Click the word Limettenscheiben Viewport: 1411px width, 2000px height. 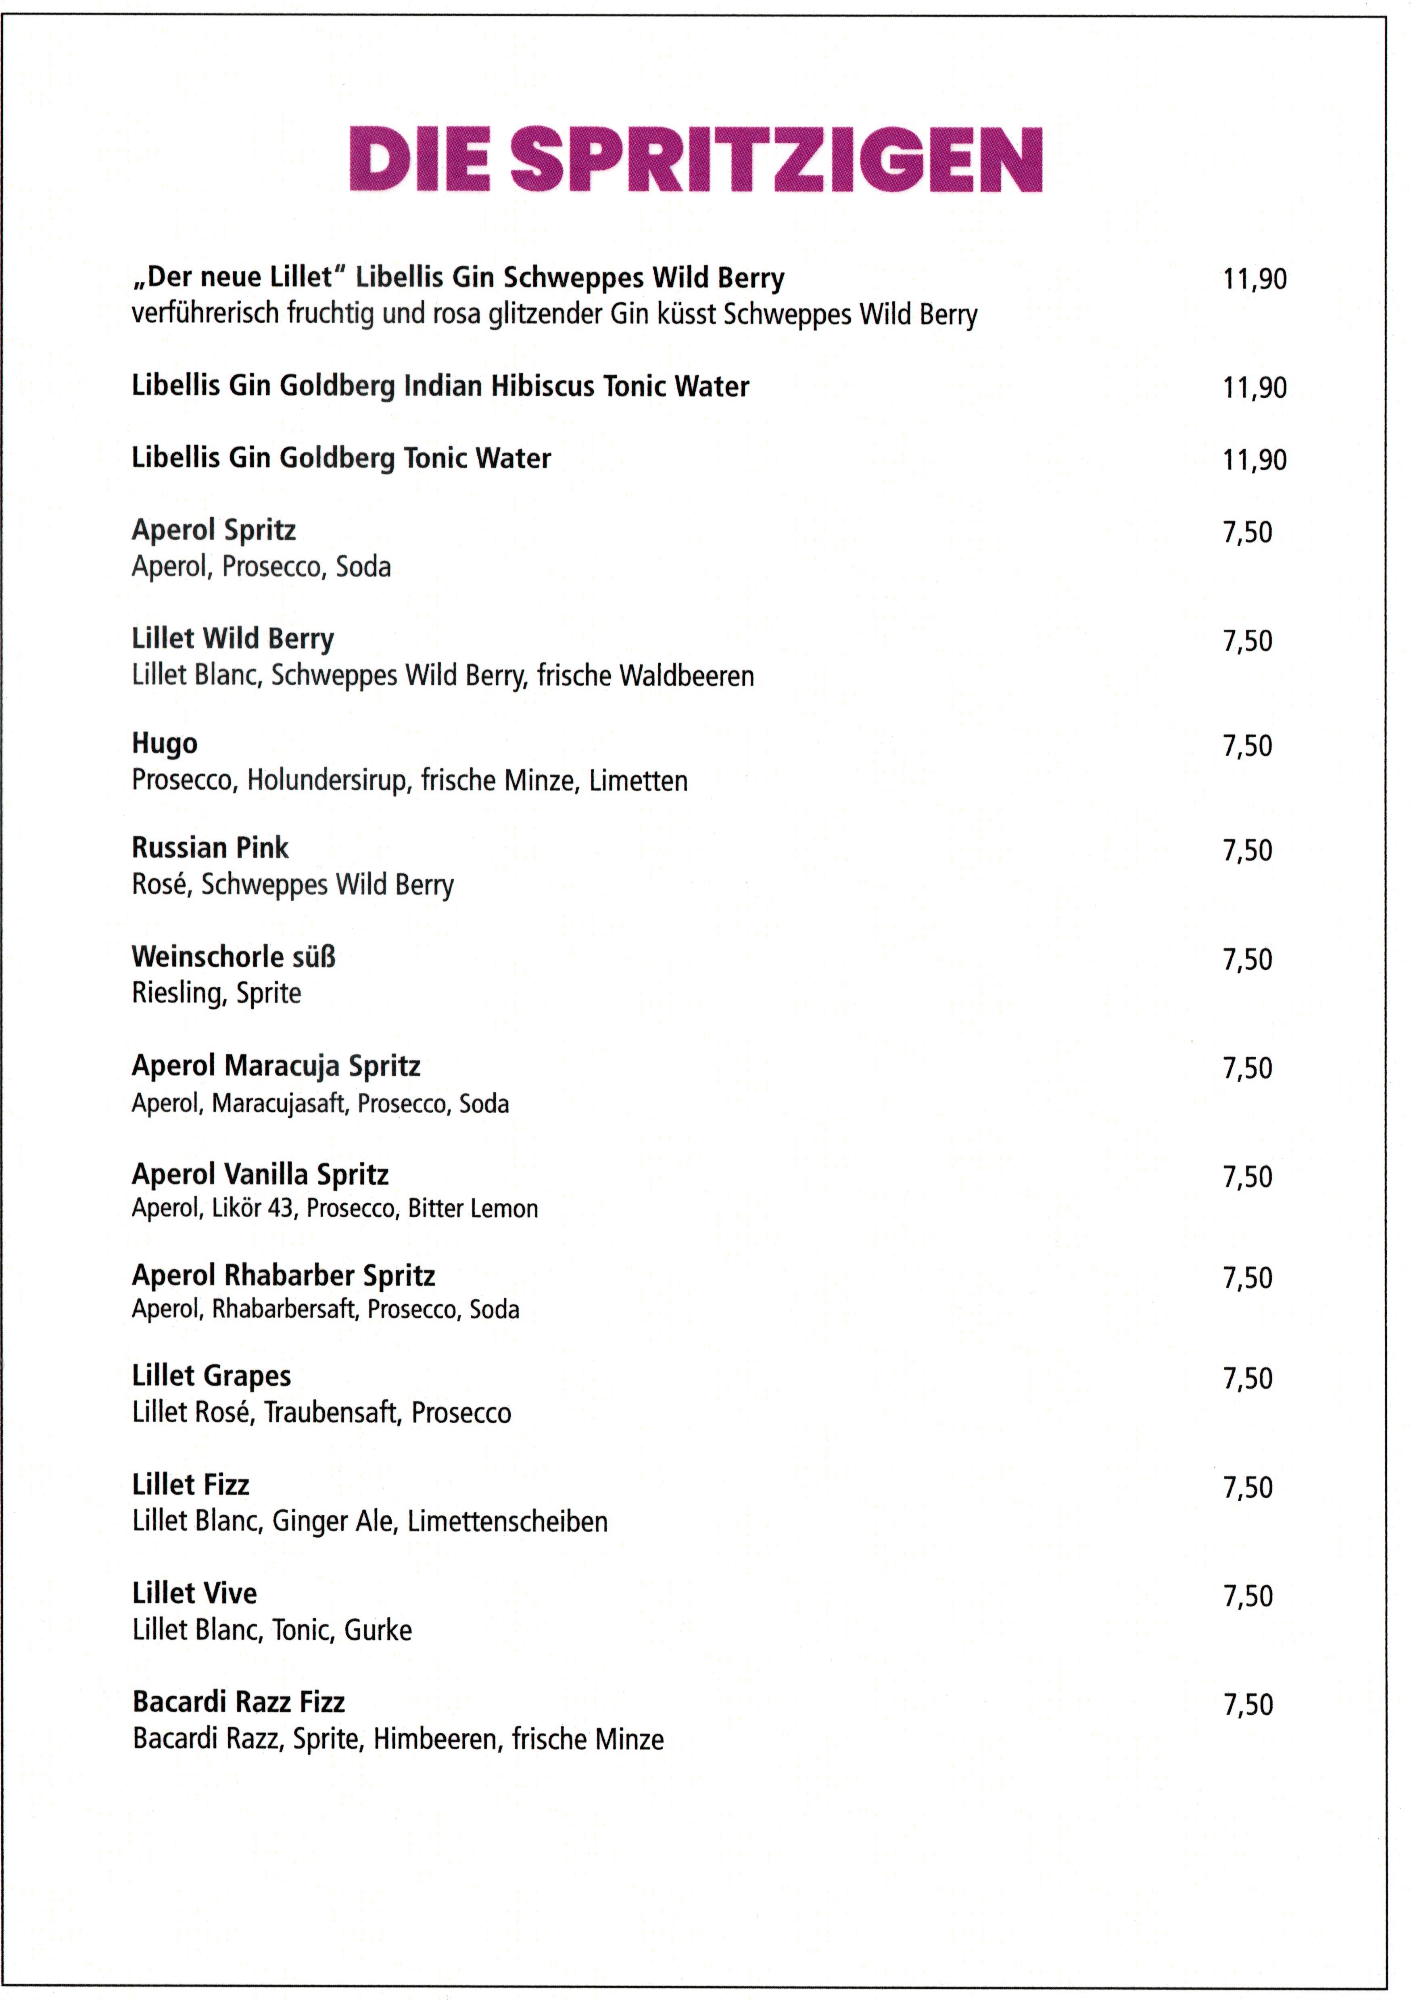507,1522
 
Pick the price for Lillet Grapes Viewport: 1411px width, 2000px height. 1247,1379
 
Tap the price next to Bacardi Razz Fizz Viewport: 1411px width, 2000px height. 1247,1705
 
